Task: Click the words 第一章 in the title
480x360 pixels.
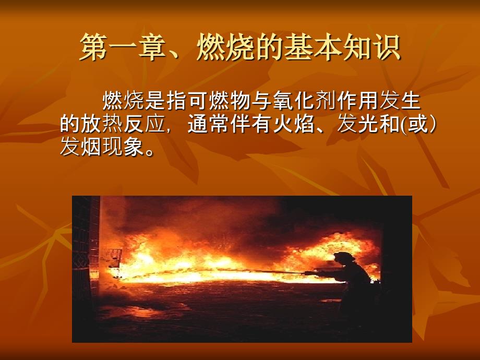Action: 122,47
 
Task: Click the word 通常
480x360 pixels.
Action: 208,124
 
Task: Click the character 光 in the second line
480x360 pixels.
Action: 368,124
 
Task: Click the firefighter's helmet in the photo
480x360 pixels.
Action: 344,257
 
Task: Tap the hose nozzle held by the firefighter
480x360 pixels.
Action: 309,272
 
